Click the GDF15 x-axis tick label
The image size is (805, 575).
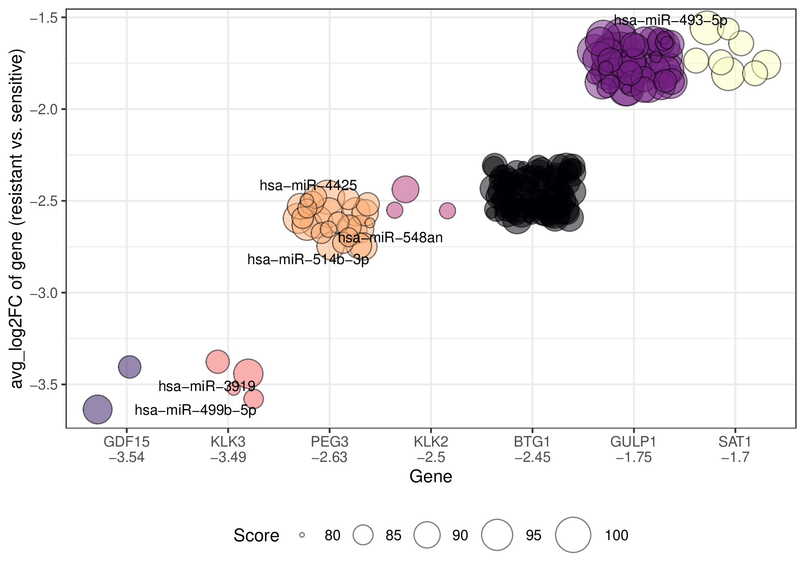tap(127, 449)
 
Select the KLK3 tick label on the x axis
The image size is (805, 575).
tap(228, 449)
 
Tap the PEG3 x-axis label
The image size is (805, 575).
tap(330, 449)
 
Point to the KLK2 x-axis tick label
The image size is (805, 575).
tap(431, 449)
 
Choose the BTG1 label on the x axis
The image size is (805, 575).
tap(532, 449)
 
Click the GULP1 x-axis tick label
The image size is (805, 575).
tap(634, 449)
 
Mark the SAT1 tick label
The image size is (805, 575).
tap(735, 449)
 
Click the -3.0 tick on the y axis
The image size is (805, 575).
tap(43, 293)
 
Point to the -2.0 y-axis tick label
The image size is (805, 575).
tap(43, 109)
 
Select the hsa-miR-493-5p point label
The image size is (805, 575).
tap(670, 20)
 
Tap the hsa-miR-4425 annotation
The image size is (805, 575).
tap(308, 186)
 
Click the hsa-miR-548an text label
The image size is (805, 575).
tap(390, 238)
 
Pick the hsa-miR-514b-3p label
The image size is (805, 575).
tap(308, 260)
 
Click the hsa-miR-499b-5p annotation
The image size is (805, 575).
tap(195, 410)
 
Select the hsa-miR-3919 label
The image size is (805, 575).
tap(207, 386)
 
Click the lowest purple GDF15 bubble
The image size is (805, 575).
tap(97, 409)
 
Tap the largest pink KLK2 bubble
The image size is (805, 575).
tap(405, 189)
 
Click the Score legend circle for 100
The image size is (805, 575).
tap(573, 535)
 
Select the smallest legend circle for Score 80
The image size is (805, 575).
tap(302, 535)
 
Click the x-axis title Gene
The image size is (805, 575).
tap(431, 476)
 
